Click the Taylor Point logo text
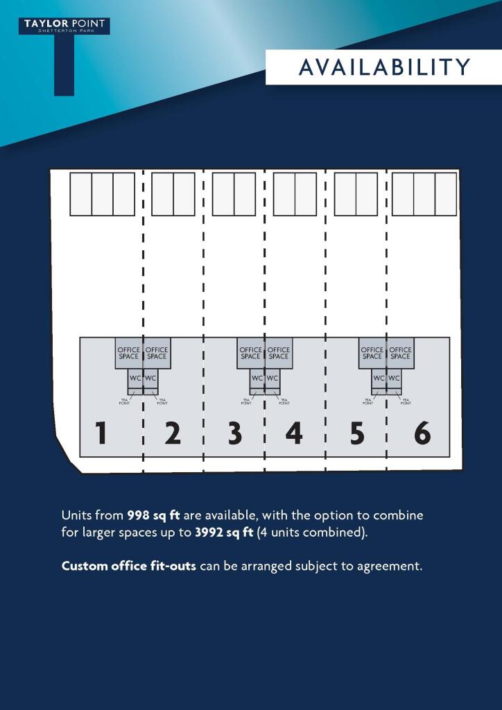(64, 24)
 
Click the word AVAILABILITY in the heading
(385, 67)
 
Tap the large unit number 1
(101, 433)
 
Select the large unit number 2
(173, 433)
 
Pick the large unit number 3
(234, 433)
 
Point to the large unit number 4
(294, 433)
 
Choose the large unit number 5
(357, 433)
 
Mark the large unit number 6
(422, 433)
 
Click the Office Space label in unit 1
(128, 353)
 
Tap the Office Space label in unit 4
(278, 353)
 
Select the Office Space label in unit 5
(372, 353)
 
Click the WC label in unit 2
(150, 378)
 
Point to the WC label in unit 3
(257, 378)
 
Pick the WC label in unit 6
(394, 378)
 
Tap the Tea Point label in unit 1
(124, 401)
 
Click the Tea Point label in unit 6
(406, 401)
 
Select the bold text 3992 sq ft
(224, 532)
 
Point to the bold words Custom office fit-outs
(128, 566)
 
